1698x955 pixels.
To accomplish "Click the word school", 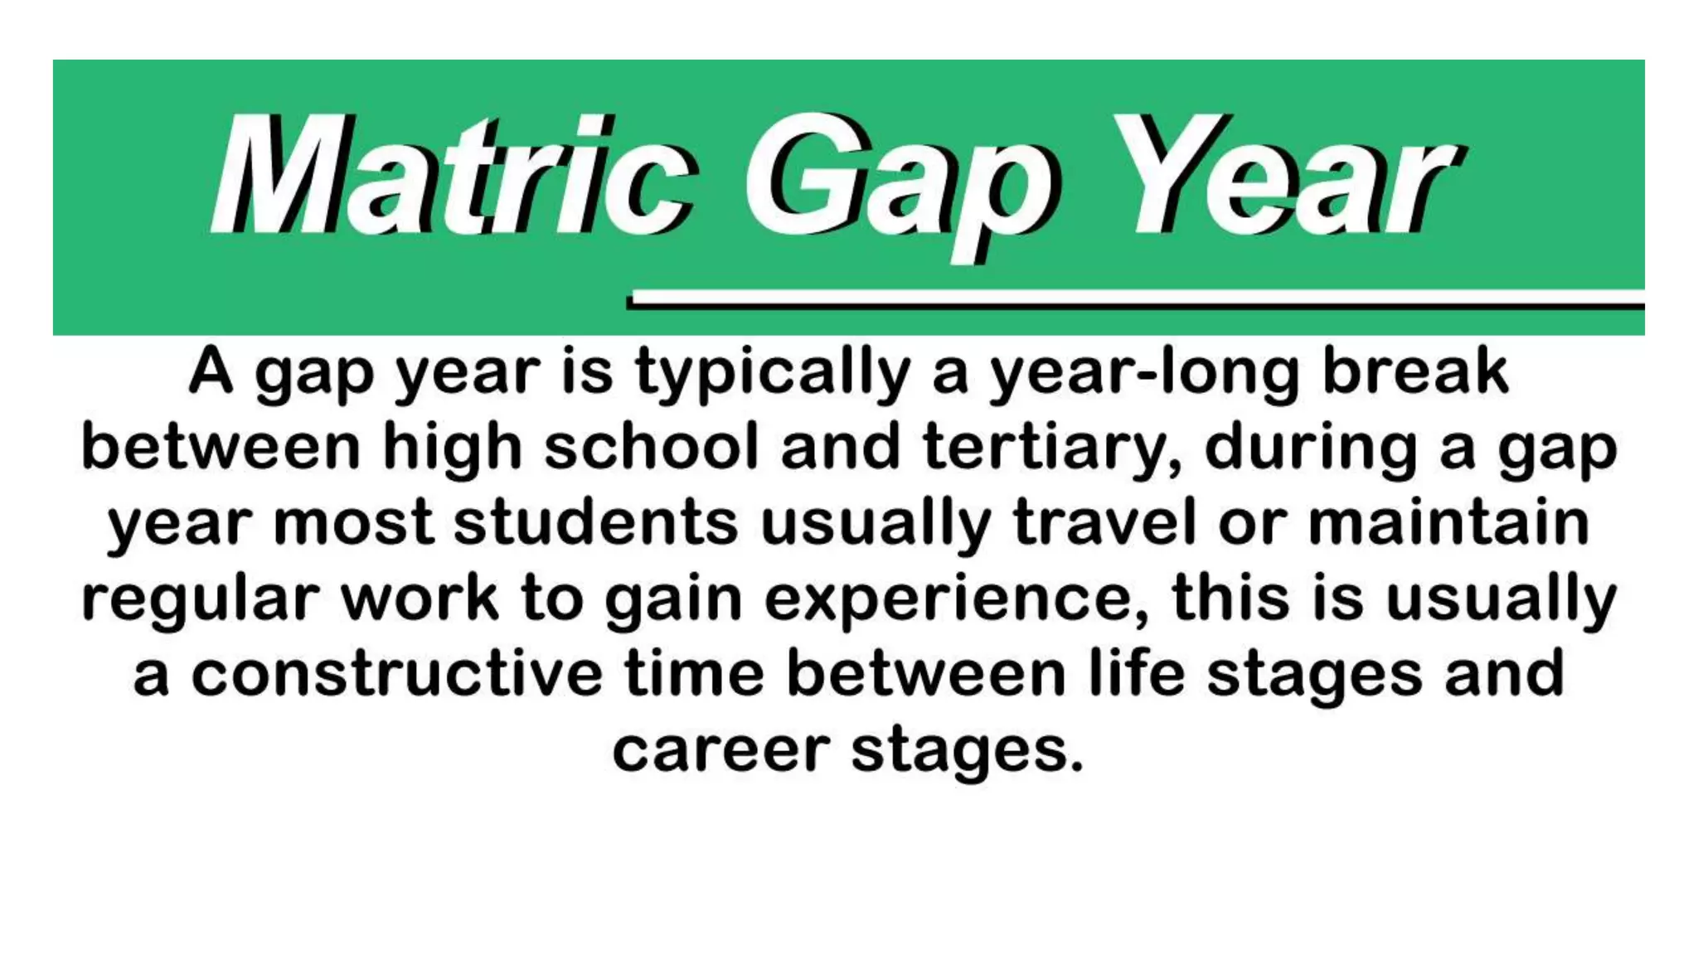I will click(x=652, y=448).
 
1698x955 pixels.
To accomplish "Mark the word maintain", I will click(x=1448, y=522).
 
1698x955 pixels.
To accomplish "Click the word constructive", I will click(x=397, y=673).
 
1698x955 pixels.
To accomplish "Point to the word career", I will click(x=720, y=750).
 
